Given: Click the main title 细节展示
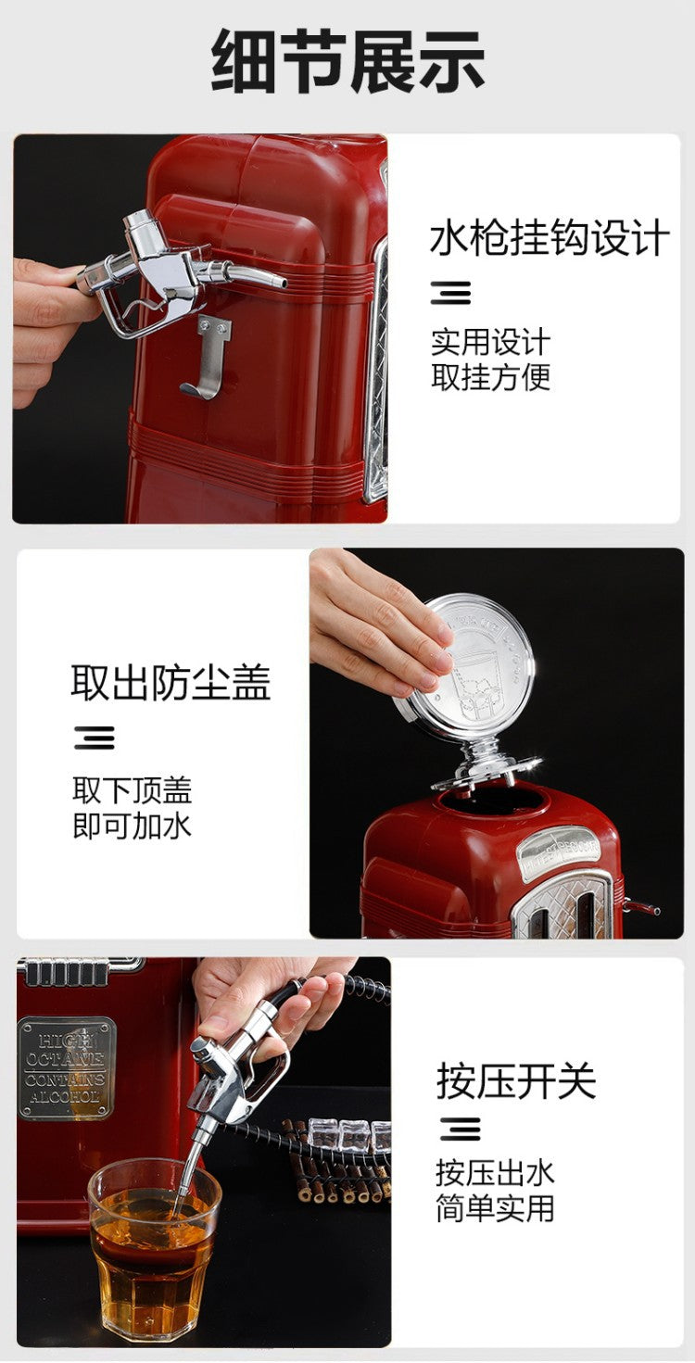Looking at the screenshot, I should tap(347, 62).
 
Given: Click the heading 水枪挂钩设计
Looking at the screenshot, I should tap(549, 239).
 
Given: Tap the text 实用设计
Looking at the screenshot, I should tap(490, 343).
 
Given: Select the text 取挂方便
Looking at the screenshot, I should tap(490, 377).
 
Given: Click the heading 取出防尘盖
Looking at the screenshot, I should tap(171, 683).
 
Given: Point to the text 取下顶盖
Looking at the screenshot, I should tap(132, 790).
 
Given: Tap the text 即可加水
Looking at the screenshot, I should tap(132, 825).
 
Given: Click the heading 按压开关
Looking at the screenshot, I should tap(516, 1081).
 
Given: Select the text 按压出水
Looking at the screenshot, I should tap(495, 1173).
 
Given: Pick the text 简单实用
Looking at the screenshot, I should tap(495, 1208).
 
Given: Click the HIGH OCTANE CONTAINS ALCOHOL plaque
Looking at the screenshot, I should tap(66, 1066).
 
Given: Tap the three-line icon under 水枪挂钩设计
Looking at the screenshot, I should tap(450, 293).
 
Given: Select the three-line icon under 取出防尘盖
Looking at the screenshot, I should tap(95, 738).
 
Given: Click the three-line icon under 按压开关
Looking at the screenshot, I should tap(460, 1129).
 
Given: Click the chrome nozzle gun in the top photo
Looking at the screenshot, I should tap(167, 273).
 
